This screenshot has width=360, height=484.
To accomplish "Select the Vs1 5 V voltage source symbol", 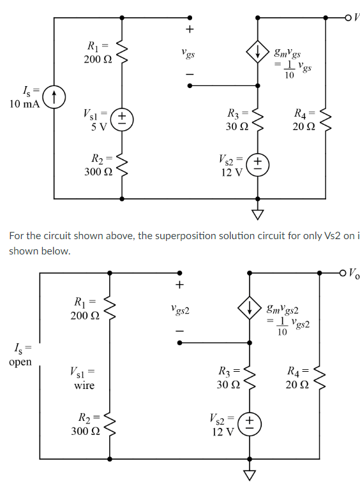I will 121,119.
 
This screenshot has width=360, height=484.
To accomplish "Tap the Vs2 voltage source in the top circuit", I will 258,163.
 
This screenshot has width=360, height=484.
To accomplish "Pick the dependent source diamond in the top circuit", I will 258,54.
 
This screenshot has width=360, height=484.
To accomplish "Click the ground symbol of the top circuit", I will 258,214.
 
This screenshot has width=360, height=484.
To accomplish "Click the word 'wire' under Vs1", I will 84,385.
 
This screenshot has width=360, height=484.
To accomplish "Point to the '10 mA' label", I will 24,104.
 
